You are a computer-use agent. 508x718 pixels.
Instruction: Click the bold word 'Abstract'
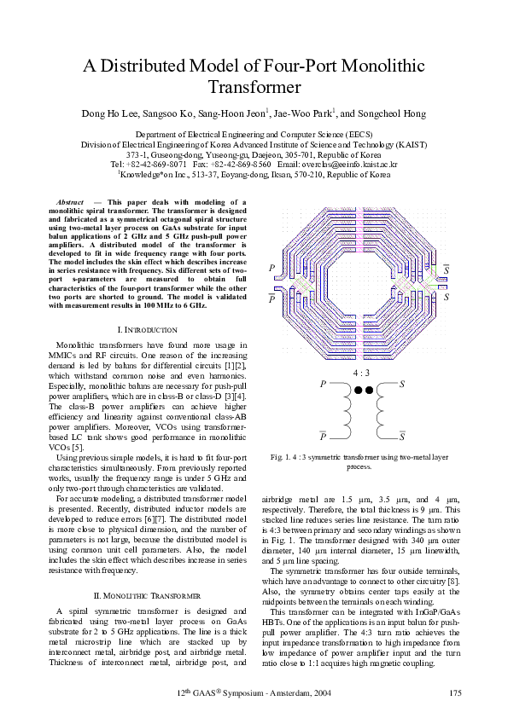point(69,202)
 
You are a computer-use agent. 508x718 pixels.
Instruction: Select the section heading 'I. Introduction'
point(147,329)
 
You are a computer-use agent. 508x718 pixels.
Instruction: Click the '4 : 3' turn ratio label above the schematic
point(361,373)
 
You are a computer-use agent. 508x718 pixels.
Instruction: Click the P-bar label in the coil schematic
point(323,437)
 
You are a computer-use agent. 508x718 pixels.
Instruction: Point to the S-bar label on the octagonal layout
point(447,270)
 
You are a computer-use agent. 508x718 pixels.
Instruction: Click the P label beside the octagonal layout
point(272,269)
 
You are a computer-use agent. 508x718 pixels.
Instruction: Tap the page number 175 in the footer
point(455,692)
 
